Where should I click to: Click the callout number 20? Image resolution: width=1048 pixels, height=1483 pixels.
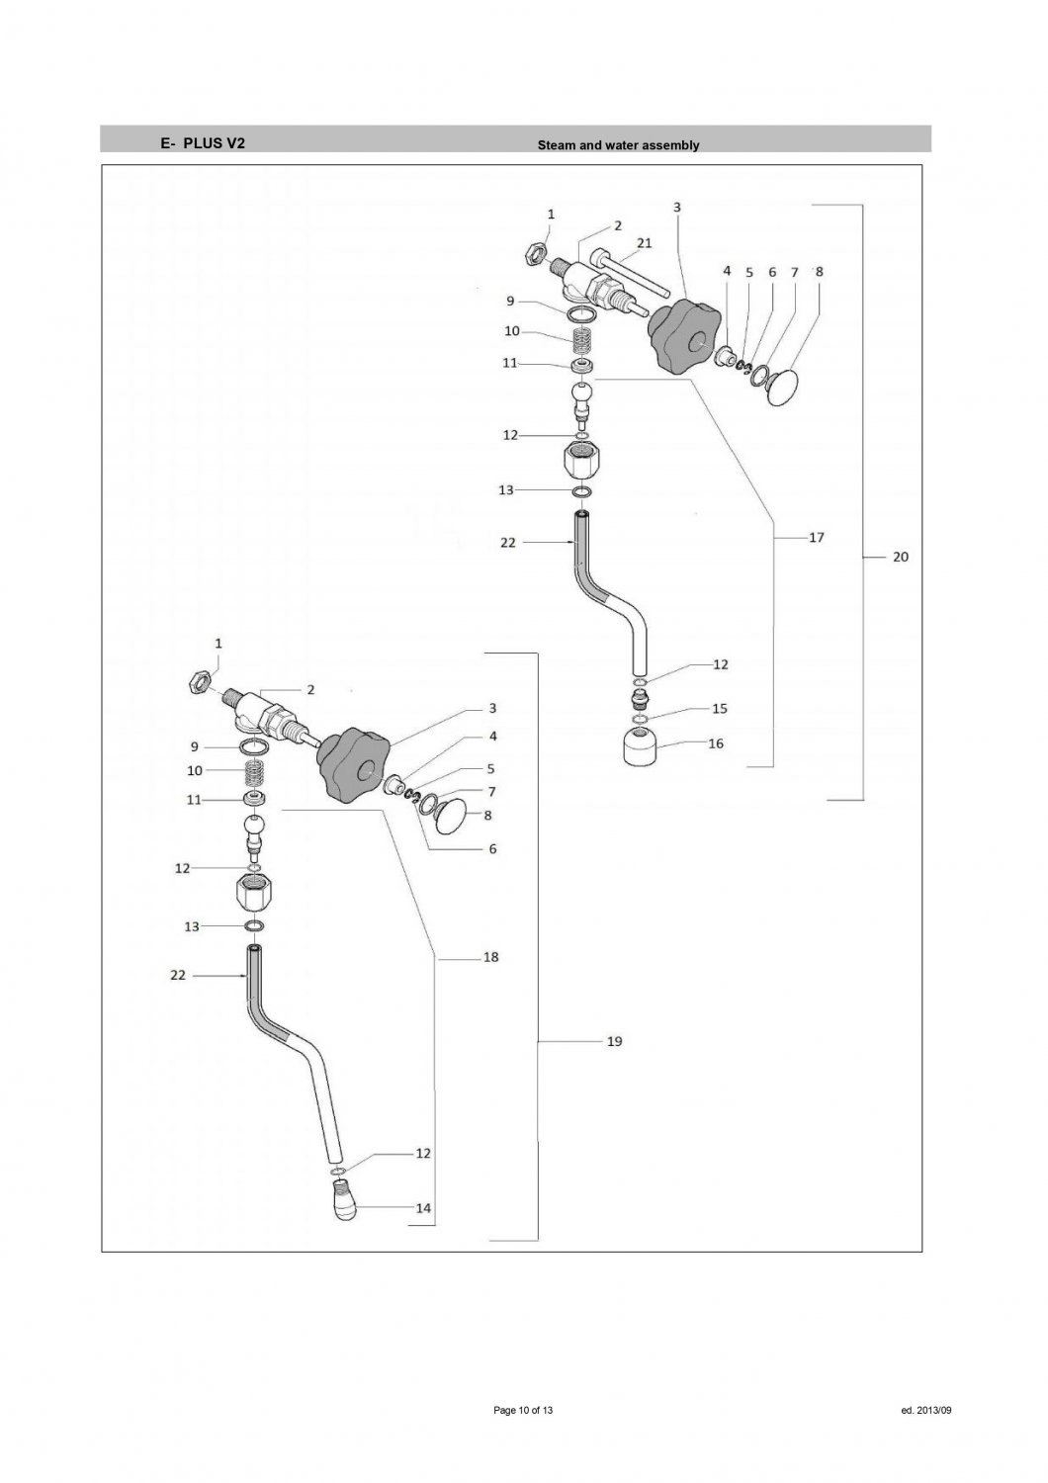point(900,558)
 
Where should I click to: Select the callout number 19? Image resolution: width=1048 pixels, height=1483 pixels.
point(614,1042)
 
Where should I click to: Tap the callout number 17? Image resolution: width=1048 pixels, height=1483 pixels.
point(816,538)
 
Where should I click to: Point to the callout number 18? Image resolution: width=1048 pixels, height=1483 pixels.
point(490,957)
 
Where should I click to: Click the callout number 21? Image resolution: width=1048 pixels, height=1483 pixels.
point(644,242)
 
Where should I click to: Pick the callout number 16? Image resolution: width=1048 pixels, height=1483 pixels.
point(715,743)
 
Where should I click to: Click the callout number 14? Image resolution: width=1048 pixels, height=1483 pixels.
point(423,1208)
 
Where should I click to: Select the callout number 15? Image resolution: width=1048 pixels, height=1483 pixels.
point(719,709)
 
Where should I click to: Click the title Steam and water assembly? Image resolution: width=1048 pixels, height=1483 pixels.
point(618,145)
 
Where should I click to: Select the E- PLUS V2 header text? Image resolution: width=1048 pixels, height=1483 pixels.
point(203,142)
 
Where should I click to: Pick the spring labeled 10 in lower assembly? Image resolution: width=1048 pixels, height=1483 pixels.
point(256,770)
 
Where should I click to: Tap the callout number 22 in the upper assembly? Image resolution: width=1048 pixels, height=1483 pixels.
point(508,543)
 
